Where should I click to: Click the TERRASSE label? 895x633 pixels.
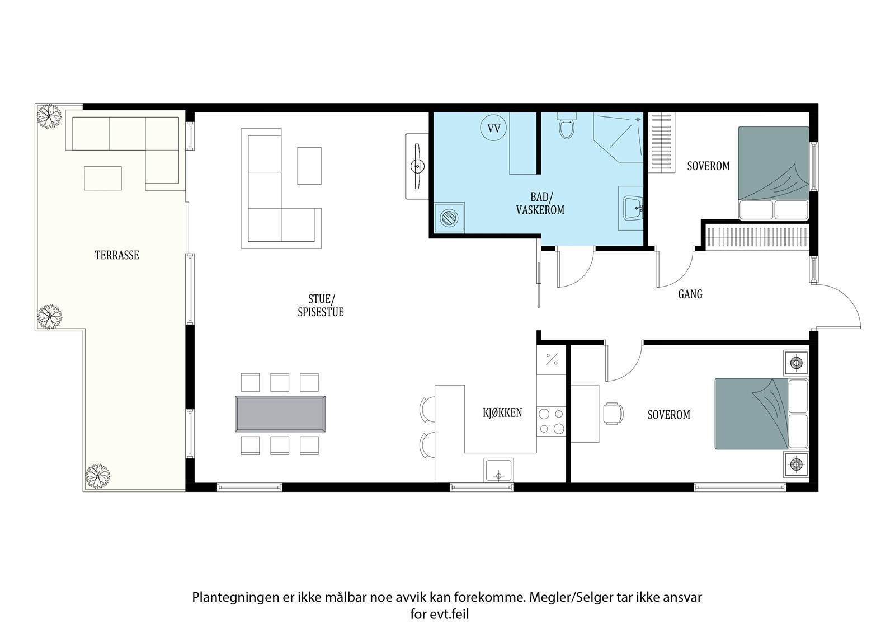pyautogui.click(x=117, y=255)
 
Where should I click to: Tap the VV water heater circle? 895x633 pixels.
pyautogui.click(x=493, y=128)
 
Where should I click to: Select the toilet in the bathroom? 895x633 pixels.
pyautogui.click(x=567, y=125)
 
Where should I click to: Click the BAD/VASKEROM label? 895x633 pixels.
pyautogui.click(x=540, y=203)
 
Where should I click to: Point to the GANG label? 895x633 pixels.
pyautogui.click(x=690, y=294)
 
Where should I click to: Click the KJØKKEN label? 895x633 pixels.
pyautogui.click(x=502, y=412)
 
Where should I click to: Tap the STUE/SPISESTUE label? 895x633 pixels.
pyautogui.click(x=321, y=306)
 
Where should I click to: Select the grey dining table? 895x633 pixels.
pyautogui.click(x=280, y=414)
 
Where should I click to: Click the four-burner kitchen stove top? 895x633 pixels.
pyautogui.click(x=552, y=421)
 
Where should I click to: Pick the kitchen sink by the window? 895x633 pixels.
pyautogui.click(x=498, y=470)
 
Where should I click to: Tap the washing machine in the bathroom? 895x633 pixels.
pyautogui.click(x=450, y=218)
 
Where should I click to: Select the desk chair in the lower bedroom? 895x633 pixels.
pyautogui.click(x=613, y=414)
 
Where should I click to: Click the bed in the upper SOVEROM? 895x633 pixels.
pyautogui.click(x=774, y=173)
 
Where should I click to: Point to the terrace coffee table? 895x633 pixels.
pyautogui.click(x=103, y=179)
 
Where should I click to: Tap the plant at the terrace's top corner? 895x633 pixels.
pyautogui.click(x=49, y=116)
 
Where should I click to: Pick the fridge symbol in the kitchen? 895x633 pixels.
pyautogui.click(x=552, y=359)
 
